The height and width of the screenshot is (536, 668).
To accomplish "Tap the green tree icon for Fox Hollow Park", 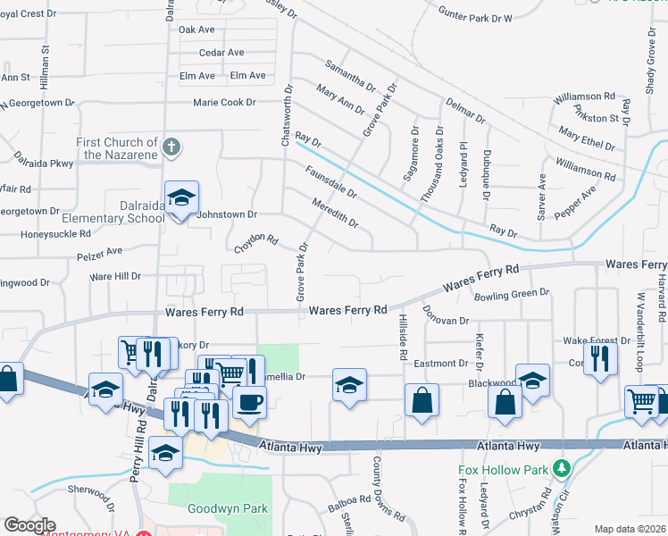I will (x=561, y=467).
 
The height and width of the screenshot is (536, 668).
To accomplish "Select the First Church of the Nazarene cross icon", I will (x=172, y=146).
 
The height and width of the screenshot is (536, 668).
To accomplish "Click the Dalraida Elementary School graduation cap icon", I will (x=181, y=197).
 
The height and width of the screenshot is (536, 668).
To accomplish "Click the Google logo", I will (x=29, y=525).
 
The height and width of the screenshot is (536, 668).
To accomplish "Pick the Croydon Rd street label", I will (x=257, y=241).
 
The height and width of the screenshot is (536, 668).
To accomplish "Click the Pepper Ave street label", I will (x=575, y=203).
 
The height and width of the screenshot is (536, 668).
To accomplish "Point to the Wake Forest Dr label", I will (x=593, y=341).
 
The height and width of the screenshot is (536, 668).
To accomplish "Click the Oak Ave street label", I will (x=197, y=29).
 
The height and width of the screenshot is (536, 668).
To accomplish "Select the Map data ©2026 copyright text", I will (x=630, y=529).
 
